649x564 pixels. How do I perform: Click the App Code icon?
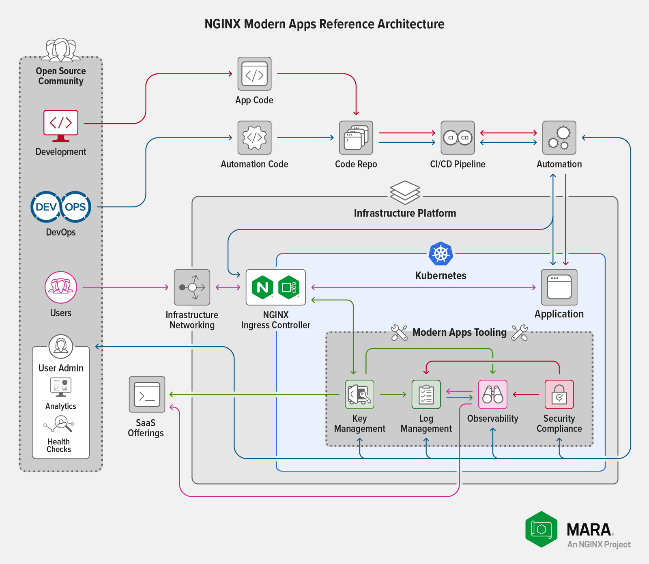tap(254, 74)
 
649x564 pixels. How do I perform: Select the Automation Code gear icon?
tap(254, 137)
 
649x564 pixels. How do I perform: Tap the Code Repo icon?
tap(356, 137)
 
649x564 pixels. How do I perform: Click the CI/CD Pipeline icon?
tap(458, 137)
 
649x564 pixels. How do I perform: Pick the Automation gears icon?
tap(559, 137)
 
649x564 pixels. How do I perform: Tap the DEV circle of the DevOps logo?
tap(46, 207)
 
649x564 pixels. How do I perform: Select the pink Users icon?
tap(61, 287)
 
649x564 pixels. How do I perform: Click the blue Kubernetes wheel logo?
tap(441, 254)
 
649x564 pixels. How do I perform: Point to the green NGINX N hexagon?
tap(262, 287)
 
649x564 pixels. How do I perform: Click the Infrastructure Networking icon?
tap(192, 287)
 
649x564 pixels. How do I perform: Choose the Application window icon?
tap(559, 287)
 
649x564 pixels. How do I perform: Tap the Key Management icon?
tap(359, 394)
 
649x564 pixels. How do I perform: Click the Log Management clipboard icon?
tap(426, 394)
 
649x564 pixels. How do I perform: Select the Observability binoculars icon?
tap(492, 394)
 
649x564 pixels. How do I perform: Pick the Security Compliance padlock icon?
tap(559, 394)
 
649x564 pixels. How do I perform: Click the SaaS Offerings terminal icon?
tap(147, 394)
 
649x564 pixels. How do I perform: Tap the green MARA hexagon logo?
tap(541, 529)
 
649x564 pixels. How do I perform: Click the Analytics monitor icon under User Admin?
tap(61, 386)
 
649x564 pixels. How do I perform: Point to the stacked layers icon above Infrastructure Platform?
tap(405, 193)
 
